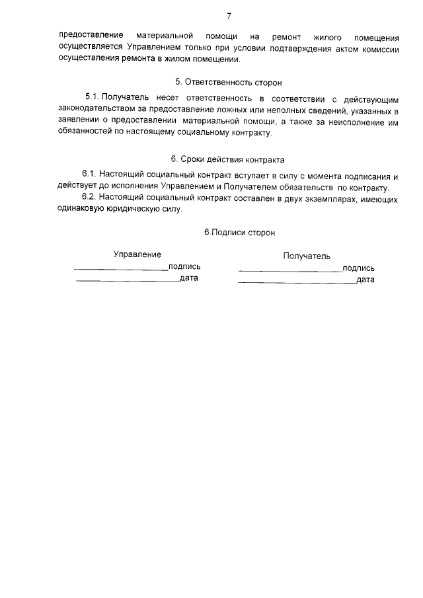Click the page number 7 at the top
(x=229, y=15)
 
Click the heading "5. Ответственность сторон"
(x=228, y=83)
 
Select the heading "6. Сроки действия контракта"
(x=227, y=159)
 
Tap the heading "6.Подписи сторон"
(x=239, y=233)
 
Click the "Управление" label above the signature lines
(x=137, y=254)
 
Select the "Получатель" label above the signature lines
(x=307, y=256)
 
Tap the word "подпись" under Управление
(x=185, y=267)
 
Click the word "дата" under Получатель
(x=365, y=280)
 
